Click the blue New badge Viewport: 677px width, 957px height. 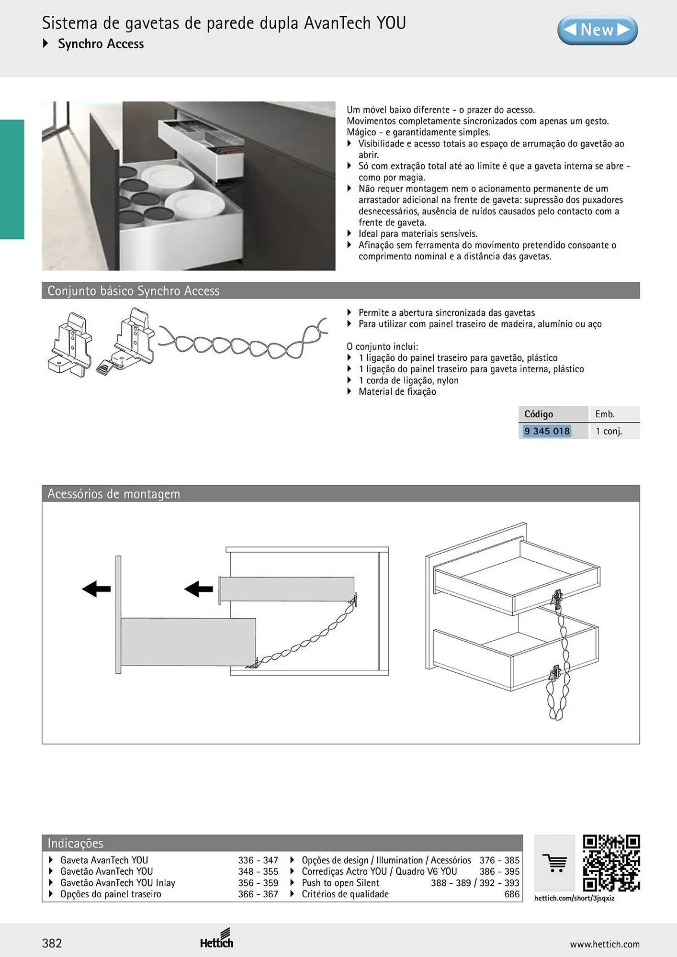pos(598,30)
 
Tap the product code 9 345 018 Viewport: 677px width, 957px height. pos(547,431)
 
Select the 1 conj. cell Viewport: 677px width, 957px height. pos(609,431)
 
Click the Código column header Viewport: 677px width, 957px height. pos(539,414)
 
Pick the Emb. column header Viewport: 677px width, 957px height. pos(605,414)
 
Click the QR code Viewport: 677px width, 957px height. pos(611,863)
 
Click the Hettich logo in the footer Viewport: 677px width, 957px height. pos(217,939)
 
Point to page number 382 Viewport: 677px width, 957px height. pos(52,943)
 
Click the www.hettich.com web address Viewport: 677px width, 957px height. pos(605,944)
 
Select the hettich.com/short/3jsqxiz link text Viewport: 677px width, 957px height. pos(574,898)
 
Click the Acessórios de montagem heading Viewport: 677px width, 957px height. pos(113,494)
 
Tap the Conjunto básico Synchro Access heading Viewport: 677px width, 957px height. pos(134,291)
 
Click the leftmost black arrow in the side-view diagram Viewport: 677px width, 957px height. pos(96,589)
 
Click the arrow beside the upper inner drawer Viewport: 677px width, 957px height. pos(199,589)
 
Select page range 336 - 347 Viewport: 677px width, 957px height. pos(258,860)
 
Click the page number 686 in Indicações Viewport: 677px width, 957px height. pos(512,894)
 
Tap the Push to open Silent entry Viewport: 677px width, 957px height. pos(340,883)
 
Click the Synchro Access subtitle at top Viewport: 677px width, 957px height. pos(101,44)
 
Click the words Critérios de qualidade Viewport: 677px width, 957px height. pos(345,894)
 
